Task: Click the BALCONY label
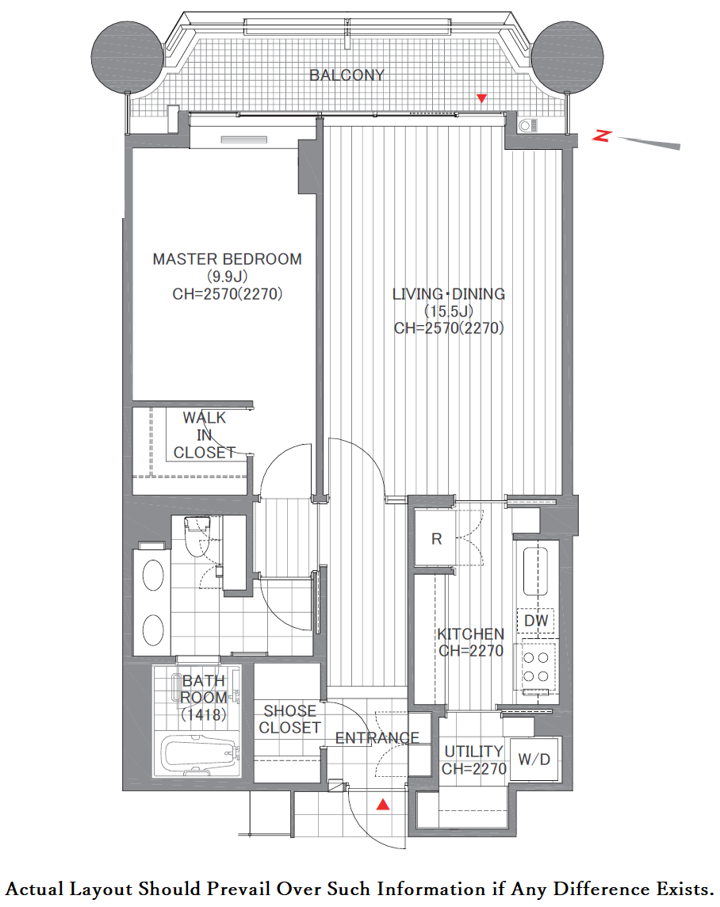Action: click(x=347, y=75)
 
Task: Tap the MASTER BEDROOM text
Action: click(x=228, y=259)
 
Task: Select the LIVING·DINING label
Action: click(x=449, y=294)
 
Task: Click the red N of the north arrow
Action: click(x=602, y=136)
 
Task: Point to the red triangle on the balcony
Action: click(x=481, y=98)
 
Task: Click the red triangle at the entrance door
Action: click(x=383, y=804)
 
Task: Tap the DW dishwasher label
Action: click(x=535, y=621)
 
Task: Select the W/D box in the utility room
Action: click(x=534, y=759)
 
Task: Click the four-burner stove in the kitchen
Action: click(x=535, y=667)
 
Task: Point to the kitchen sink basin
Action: click(x=535, y=571)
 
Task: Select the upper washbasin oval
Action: click(x=153, y=575)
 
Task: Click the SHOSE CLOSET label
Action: click(x=289, y=719)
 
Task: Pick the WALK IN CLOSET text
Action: click(x=204, y=435)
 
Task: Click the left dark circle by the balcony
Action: click(x=128, y=57)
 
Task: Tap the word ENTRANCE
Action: click(x=377, y=737)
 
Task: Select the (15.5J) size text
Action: click(x=449, y=312)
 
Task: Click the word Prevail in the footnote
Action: click(x=239, y=889)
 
